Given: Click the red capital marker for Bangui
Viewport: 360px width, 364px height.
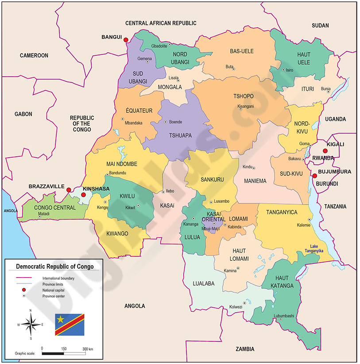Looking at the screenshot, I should point(126,40).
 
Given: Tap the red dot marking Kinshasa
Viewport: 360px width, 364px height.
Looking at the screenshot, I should point(84,194).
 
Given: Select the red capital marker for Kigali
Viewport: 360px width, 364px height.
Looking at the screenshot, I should point(325,151).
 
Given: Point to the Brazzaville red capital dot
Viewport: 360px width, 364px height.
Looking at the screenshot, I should point(69,190).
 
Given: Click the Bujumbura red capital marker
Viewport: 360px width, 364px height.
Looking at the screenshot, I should point(314,176).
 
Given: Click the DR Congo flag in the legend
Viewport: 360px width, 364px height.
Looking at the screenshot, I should point(70,324).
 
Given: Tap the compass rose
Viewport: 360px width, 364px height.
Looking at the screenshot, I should point(31,325).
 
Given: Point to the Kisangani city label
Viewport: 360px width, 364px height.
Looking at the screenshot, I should point(246,107).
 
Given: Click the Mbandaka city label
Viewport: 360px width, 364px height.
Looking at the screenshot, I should point(134,123).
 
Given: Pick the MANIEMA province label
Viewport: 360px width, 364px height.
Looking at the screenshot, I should point(255,181).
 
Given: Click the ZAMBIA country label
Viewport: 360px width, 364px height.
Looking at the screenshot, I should point(245,349).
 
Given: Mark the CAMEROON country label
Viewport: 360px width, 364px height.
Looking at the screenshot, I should point(34,55).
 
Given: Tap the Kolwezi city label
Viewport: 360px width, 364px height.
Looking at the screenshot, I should point(236,307).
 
